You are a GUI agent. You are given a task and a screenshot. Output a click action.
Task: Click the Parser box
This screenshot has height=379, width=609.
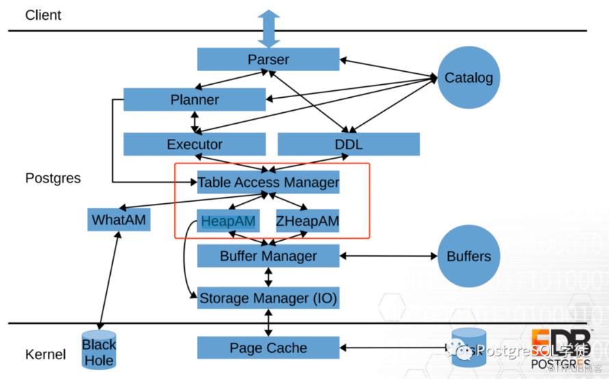click(268, 59)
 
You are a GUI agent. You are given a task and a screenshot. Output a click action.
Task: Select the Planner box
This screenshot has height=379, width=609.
click(194, 100)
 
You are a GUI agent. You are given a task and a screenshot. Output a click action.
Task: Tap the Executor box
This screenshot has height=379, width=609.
click(194, 144)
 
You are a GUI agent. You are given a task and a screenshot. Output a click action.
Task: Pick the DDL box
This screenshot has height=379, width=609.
click(348, 144)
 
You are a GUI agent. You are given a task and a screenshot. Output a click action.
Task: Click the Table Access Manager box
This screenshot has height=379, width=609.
click(268, 183)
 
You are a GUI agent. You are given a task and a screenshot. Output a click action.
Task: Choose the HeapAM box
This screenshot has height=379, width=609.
click(229, 221)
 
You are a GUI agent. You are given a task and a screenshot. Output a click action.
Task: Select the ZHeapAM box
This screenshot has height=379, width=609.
click(307, 221)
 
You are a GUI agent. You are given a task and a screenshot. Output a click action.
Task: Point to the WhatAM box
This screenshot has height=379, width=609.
click(119, 220)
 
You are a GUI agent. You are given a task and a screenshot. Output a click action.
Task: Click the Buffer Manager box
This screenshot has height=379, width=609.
click(268, 257)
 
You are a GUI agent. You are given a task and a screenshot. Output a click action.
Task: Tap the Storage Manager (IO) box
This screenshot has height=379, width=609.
click(268, 298)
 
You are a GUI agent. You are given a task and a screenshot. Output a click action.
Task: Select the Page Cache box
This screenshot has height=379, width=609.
click(268, 348)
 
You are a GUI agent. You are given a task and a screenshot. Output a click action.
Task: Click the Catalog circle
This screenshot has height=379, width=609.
click(468, 77)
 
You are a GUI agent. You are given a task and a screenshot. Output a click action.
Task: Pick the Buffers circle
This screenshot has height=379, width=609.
click(468, 257)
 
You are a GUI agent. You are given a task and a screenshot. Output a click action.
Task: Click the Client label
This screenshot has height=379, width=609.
click(43, 15)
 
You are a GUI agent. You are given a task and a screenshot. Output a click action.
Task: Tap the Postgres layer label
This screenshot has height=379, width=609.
click(53, 178)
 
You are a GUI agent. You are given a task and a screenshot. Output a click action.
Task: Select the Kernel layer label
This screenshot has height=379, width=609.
click(45, 354)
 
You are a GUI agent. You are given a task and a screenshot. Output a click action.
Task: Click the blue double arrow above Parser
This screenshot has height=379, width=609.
click(268, 28)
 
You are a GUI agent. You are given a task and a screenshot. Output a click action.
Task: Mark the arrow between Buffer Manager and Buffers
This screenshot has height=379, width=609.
click(388, 257)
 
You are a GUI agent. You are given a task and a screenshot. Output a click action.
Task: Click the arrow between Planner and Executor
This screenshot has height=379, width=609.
click(196, 122)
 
